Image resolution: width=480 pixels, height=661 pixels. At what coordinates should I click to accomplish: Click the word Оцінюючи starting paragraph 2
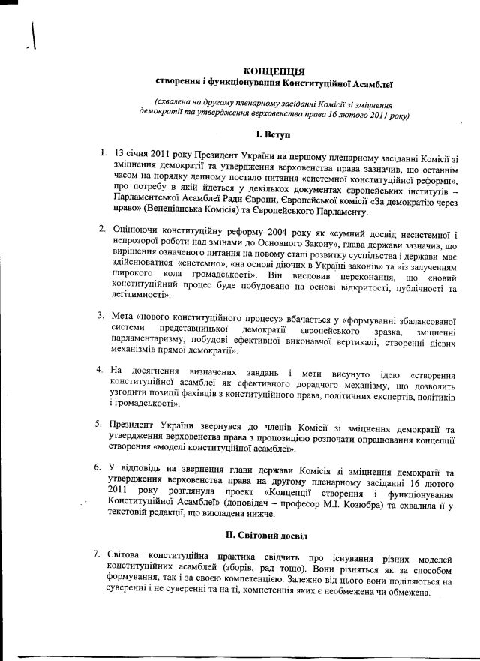pyautogui.click(x=139, y=228)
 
